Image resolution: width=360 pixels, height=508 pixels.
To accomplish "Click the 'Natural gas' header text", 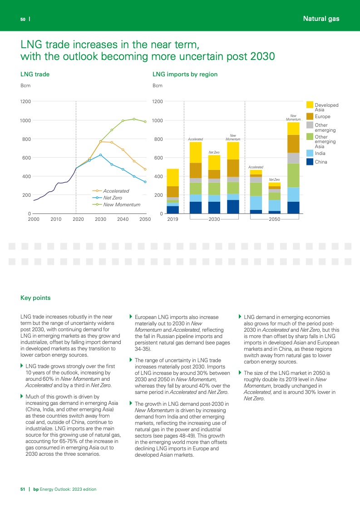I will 321,19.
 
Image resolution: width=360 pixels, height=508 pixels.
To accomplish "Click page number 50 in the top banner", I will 22,19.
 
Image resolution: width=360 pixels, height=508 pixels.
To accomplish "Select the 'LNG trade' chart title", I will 35,74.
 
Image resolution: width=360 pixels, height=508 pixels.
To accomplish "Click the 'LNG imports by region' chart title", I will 185,74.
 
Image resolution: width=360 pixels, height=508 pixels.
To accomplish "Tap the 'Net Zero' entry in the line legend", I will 112,198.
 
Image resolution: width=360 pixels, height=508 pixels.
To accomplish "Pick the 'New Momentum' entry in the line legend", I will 121,204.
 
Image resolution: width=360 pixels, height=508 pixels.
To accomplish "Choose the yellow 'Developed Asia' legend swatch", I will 310,105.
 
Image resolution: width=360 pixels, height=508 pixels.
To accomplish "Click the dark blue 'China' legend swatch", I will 310,161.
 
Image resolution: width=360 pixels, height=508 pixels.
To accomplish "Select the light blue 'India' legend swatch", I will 310,153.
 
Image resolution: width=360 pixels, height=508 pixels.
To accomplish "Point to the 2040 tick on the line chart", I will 123,219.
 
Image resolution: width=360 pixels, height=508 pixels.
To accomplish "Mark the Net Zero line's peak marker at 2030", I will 101,155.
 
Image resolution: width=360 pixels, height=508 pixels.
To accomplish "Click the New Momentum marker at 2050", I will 145,122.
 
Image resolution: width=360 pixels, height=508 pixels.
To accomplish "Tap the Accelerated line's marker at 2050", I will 145,169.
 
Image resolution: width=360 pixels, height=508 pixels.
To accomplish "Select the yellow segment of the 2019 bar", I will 173,177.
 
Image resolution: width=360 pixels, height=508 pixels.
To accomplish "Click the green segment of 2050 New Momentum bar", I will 293,175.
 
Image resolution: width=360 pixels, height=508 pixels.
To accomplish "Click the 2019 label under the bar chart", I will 173,219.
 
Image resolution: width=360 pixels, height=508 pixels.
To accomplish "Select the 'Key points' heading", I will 35,298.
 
